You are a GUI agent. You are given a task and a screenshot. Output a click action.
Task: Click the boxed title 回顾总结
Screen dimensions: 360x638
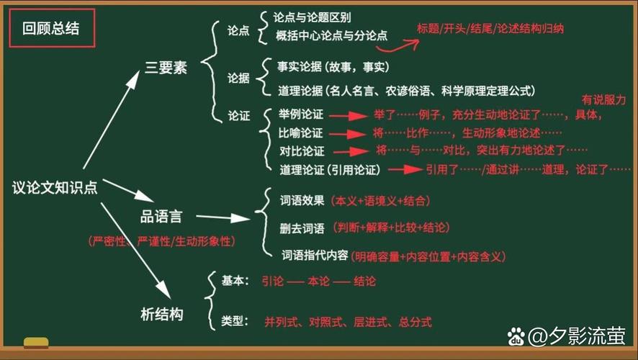click(51, 29)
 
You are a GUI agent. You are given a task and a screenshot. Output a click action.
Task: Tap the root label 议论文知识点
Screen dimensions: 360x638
click(55, 187)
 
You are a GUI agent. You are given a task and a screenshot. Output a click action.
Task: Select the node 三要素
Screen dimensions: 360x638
click(166, 69)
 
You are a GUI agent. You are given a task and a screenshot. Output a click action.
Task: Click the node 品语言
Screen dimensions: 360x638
click(161, 216)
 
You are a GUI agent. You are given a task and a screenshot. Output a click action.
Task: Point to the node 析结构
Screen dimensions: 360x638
click(161, 314)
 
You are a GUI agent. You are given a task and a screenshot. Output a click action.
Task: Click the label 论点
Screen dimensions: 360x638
click(238, 31)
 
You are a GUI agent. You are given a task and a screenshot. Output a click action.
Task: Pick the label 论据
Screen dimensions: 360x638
click(238, 78)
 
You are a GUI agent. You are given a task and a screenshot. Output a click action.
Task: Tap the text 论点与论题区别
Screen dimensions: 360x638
click(313, 17)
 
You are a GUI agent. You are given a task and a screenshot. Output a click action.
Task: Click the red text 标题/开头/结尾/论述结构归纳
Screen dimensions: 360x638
click(490, 29)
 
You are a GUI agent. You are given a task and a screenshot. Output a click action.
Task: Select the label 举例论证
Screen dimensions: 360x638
click(301, 115)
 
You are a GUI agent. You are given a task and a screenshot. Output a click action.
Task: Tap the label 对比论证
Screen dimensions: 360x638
click(302, 151)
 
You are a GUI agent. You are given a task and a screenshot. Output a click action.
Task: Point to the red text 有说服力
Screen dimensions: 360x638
click(603, 100)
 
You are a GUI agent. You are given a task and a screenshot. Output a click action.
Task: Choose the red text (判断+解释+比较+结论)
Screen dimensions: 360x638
click(392, 228)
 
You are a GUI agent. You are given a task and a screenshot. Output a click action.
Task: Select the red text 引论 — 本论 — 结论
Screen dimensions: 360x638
click(318, 282)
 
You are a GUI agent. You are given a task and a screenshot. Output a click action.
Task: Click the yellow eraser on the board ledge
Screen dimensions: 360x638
click(36, 343)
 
